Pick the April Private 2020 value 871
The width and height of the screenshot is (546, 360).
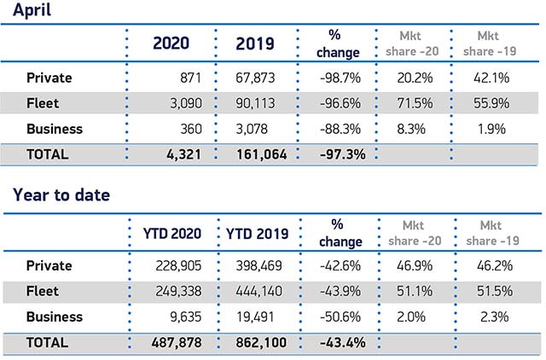186,78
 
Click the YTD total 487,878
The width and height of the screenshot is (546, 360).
174,342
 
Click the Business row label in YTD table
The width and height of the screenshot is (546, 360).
55,317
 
